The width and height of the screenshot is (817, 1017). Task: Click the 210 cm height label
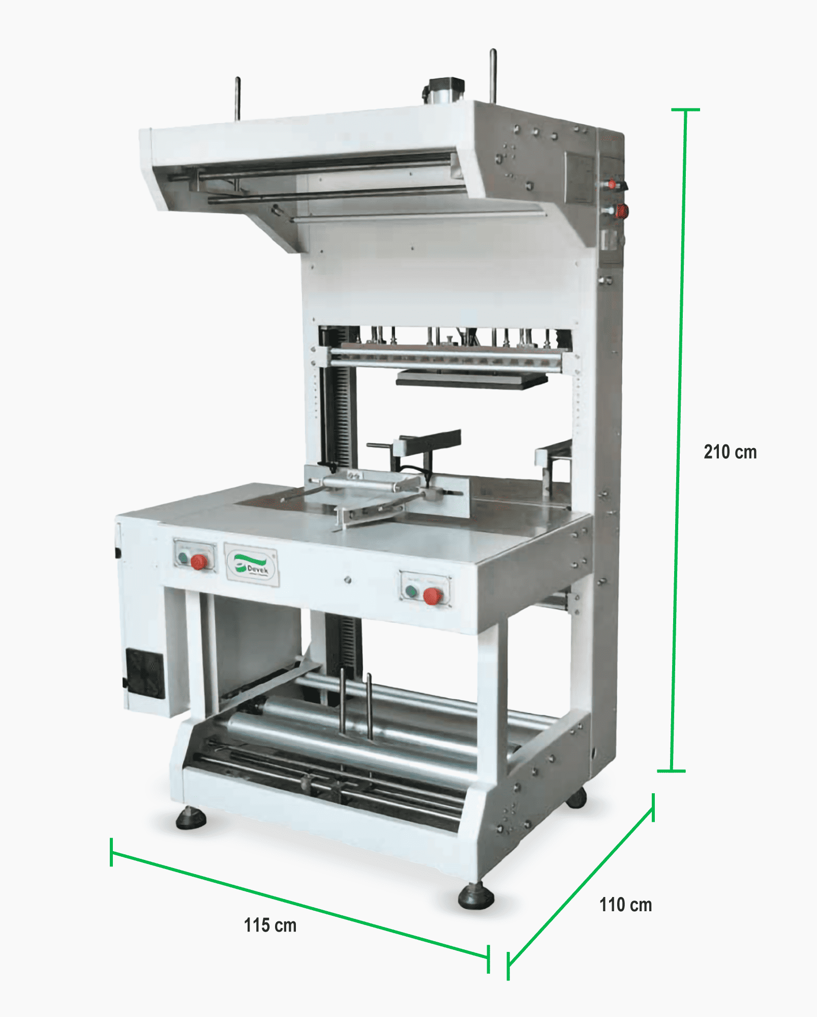[730, 452]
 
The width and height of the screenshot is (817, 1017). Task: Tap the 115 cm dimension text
[270, 925]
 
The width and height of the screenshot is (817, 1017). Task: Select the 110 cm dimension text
[625, 905]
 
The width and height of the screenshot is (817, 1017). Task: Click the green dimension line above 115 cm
[300, 906]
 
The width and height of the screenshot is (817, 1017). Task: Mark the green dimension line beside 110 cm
[581, 885]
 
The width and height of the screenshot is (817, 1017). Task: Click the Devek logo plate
[252, 565]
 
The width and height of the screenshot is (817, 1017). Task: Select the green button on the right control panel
[411, 591]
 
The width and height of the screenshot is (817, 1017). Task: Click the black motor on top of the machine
[444, 89]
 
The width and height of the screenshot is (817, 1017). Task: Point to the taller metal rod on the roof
[493, 76]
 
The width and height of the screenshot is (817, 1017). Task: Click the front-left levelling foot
[191, 818]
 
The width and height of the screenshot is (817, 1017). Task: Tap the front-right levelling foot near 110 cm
[476, 896]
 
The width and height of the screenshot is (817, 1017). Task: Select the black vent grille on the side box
[145, 673]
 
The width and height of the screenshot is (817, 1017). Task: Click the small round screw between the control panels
[348, 579]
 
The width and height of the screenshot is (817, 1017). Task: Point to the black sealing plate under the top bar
[471, 379]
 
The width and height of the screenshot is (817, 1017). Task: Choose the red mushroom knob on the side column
[621, 211]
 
